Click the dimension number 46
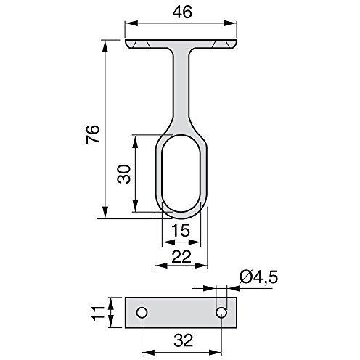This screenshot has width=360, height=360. [x=182, y=12]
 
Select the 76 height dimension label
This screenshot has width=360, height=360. [x=93, y=135]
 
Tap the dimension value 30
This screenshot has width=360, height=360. [x=124, y=174]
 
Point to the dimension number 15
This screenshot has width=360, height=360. [x=181, y=230]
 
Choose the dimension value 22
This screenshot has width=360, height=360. [x=181, y=257]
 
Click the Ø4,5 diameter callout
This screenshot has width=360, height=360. [x=258, y=277]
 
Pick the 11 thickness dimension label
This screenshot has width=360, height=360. [x=97, y=313]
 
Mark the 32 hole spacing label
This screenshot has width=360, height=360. [x=184, y=340]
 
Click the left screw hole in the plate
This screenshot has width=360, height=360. [x=142, y=313]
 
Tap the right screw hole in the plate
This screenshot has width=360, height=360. [x=221, y=313]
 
